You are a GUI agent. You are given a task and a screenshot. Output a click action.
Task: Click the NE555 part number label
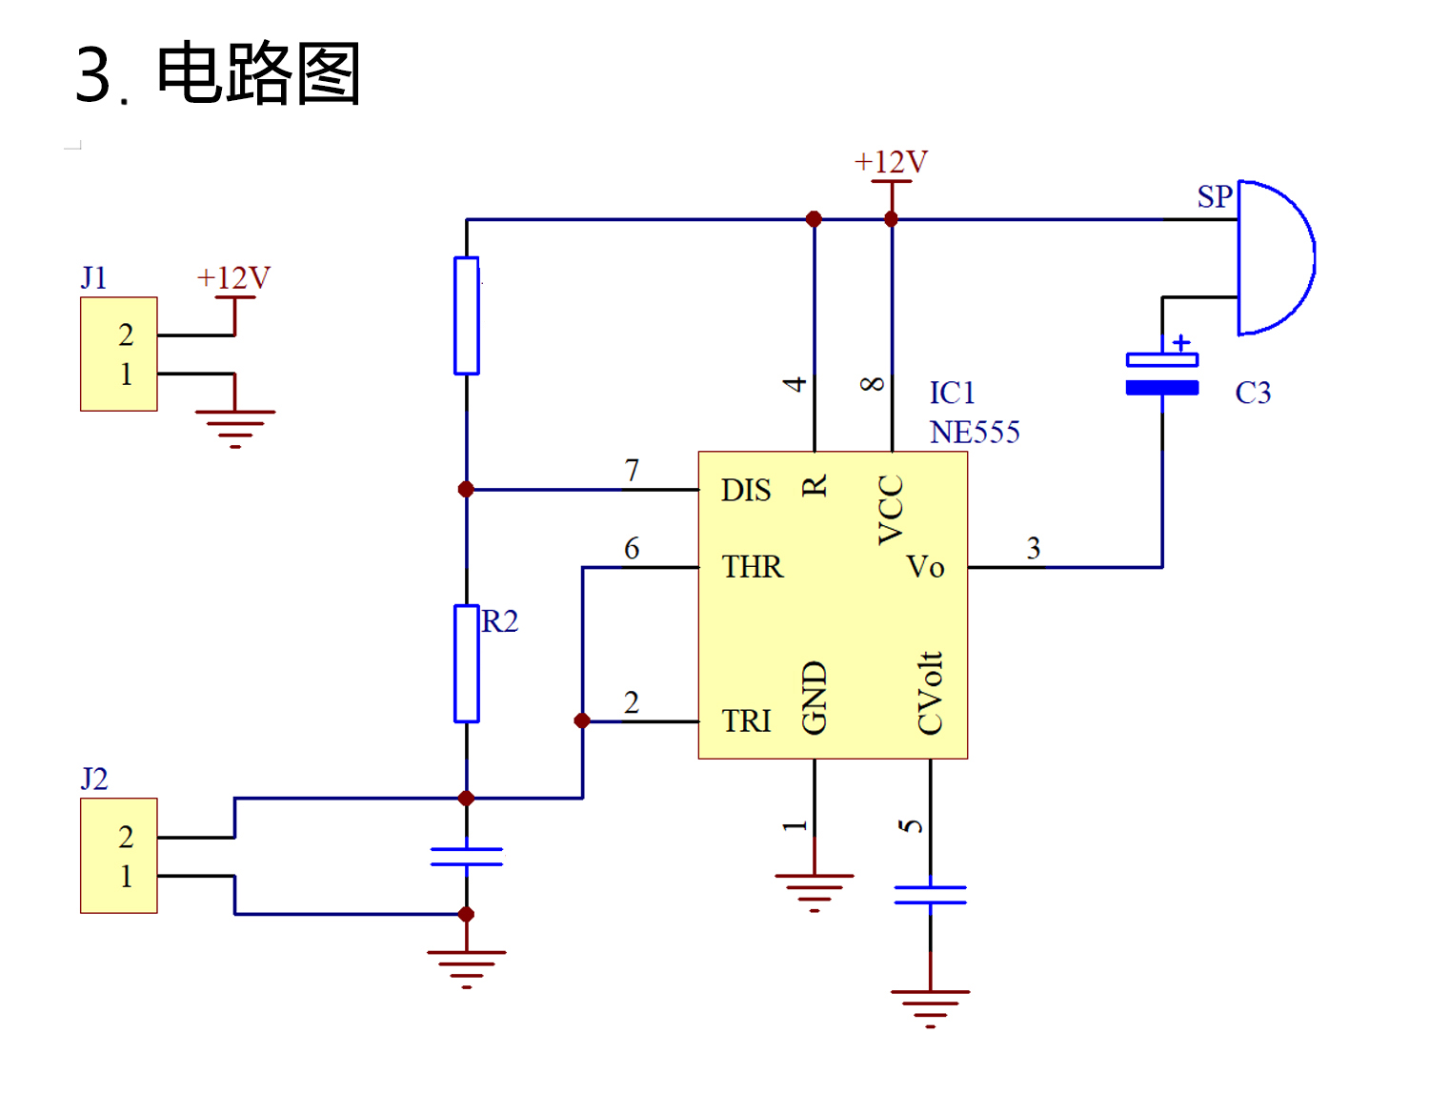pos(974,433)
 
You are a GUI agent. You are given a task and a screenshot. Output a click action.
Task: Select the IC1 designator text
pos(952,393)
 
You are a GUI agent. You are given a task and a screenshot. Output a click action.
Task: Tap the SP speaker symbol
pos(1273,257)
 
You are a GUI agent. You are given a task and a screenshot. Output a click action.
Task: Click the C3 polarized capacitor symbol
pos(1161,374)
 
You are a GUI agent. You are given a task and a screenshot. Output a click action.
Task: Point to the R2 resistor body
pos(466,663)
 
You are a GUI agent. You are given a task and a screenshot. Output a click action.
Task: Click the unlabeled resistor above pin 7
pos(466,315)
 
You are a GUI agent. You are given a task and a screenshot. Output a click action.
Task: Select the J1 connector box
pos(119,355)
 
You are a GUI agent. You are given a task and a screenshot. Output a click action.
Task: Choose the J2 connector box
pos(119,856)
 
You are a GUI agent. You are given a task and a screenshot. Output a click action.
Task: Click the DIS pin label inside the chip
pos(745,490)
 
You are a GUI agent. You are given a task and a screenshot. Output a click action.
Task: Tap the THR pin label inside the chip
pos(752,567)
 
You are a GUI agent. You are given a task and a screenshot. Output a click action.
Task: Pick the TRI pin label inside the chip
pos(746,721)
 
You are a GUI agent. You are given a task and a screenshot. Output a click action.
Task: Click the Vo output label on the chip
pos(925,567)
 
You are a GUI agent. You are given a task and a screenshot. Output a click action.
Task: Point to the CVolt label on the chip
pos(930,694)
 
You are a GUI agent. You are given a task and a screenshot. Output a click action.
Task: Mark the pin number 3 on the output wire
pos(1034,548)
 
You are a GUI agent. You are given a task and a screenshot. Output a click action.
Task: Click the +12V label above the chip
pos(891,162)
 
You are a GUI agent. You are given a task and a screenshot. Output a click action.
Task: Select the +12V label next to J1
pos(233,278)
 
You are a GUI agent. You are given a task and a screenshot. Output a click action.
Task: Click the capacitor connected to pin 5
pos(931,895)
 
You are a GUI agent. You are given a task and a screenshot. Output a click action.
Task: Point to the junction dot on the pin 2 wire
pos(582,721)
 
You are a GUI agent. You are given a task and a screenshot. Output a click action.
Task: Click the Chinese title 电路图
pos(258,73)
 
